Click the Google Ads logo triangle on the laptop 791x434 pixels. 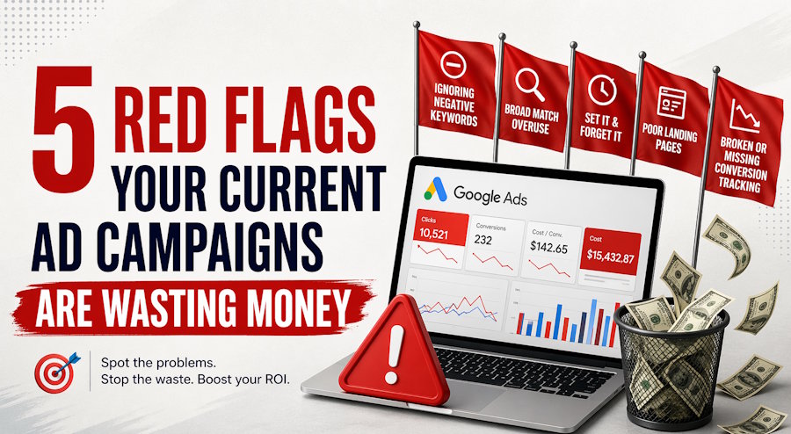coord(435,185)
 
